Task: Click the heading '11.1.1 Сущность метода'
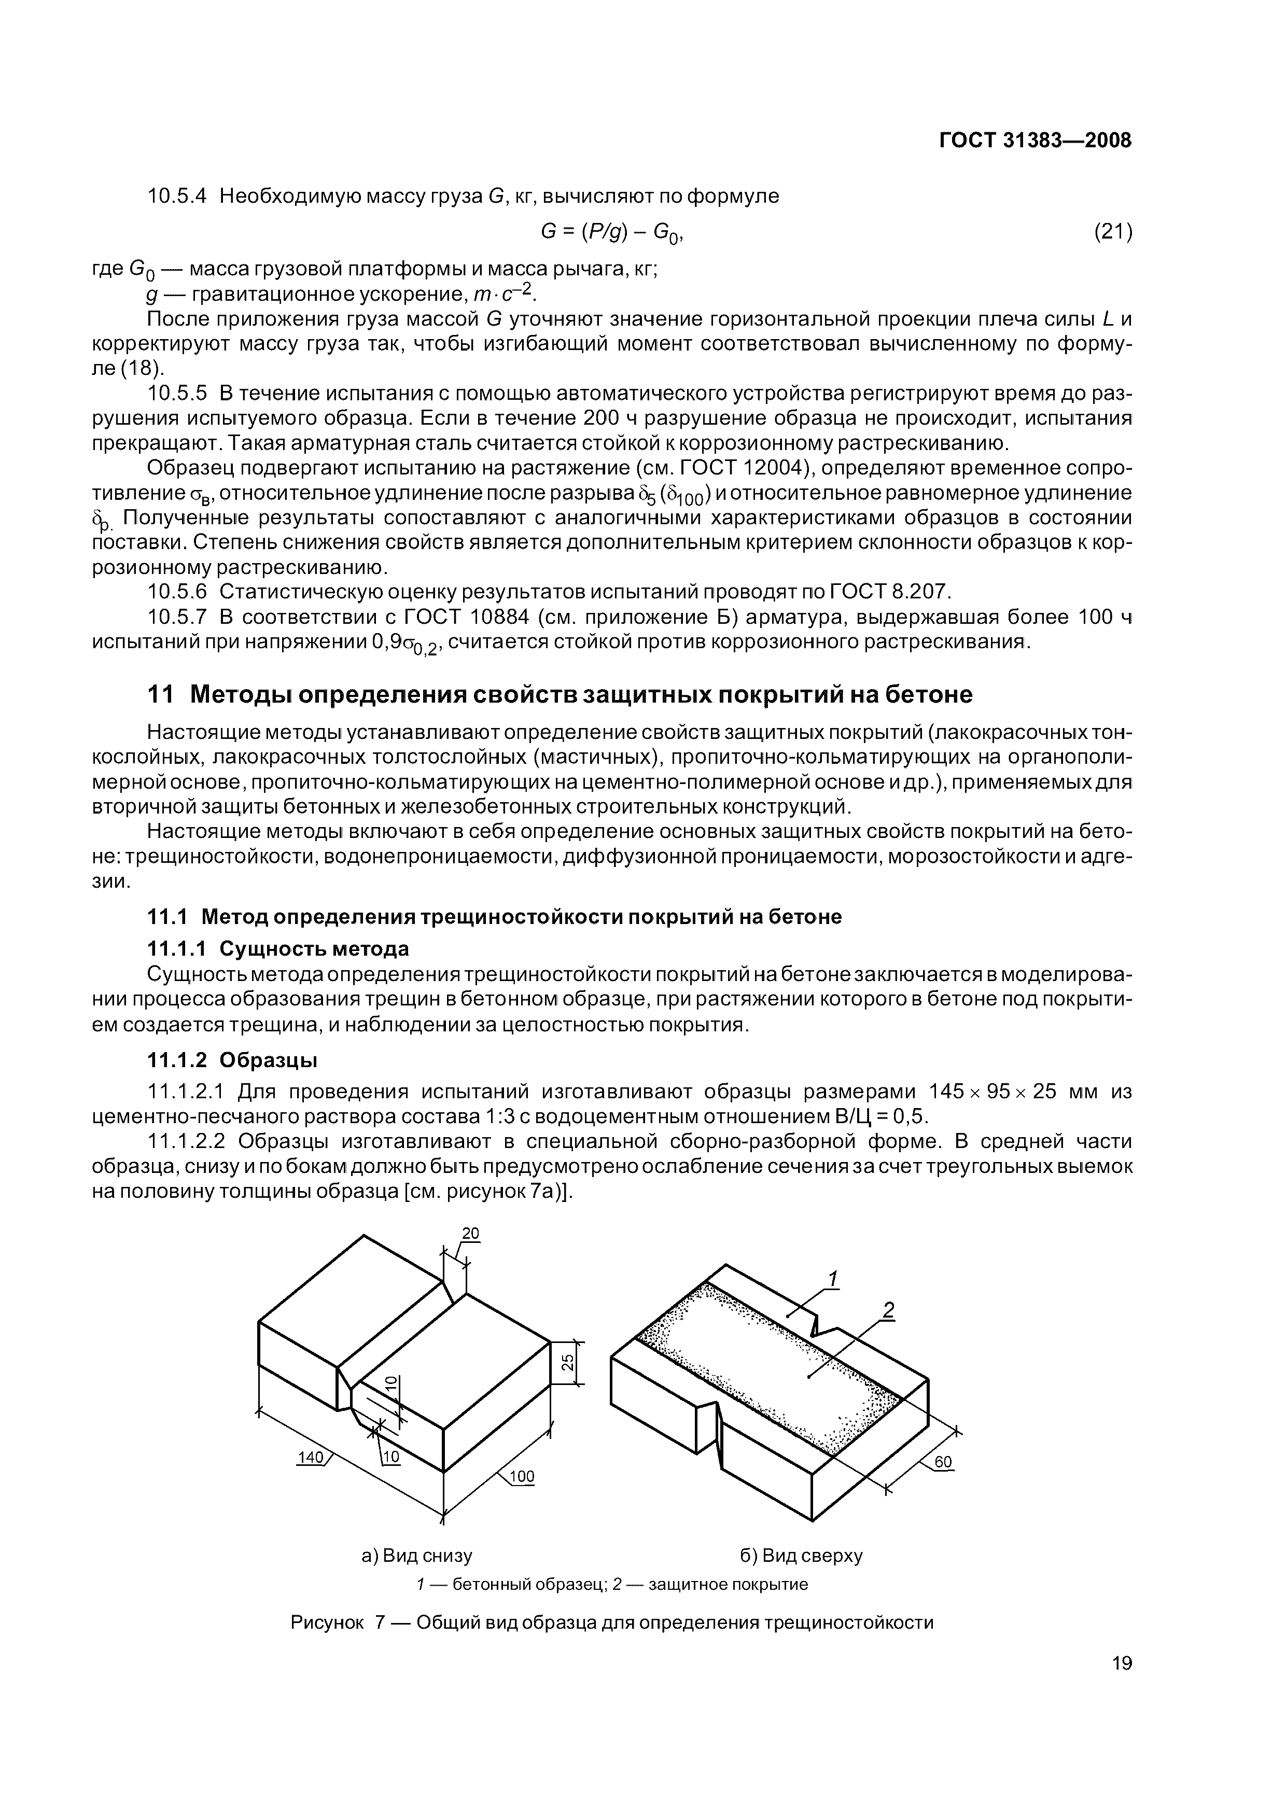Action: click(279, 948)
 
